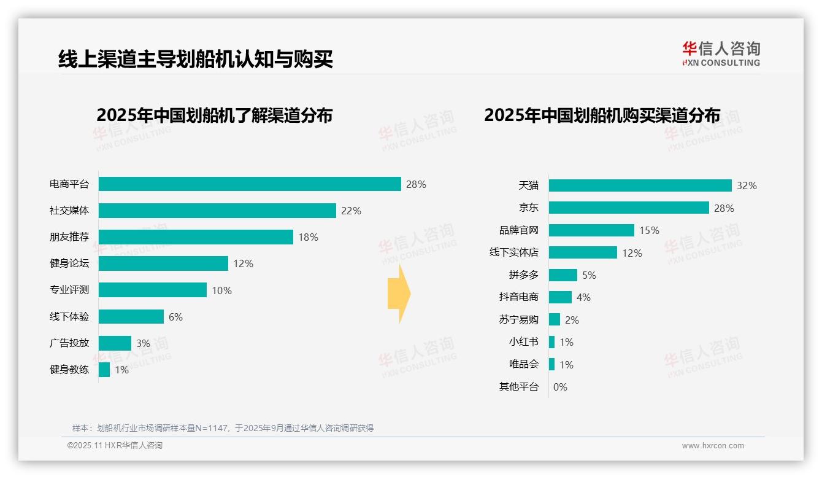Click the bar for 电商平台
click(x=250, y=184)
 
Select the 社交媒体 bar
click(x=217, y=211)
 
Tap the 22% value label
click(x=351, y=211)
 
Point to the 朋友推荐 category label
click(x=69, y=237)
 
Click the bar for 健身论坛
click(x=163, y=263)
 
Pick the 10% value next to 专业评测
click(x=221, y=290)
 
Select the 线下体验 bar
click(x=131, y=317)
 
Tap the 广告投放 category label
click(x=69, y=343)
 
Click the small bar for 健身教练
click(x=104, y=370)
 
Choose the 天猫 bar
click(x=640, y=185)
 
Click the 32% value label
click(x=747, y=185)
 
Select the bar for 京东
click(x=629, y=208)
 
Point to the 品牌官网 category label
click(x=518, y=230)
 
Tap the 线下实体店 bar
click(x=583, y=252)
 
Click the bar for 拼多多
click(x=563, y=275)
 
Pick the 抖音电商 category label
click(x=518, y=297)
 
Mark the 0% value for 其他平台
click(x=560, y=387)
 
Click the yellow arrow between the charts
click(x=399, y=294)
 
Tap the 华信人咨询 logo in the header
click(x=721, y=53)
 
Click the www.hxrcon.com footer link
click(x=713, y=446)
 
